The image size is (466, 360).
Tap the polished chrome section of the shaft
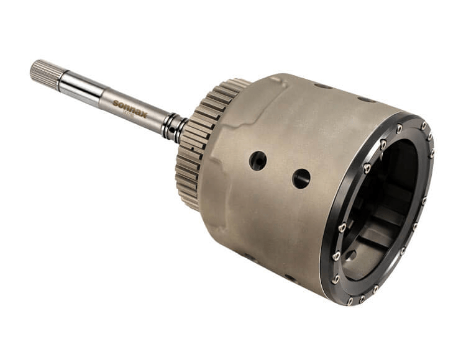pyautogui.click(x=81, y=86)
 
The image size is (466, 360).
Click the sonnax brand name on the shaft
pyautogui.click(x=131, y=106)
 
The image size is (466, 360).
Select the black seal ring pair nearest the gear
pyautogui.click(x=179, y=128)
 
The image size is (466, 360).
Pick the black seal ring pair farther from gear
pyautogui.click(x=168, y=123)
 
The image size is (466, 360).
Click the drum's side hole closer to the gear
pyautogui.click(x=258, y=161)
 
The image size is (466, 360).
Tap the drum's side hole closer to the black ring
pyautogui.click(x=301, y=178)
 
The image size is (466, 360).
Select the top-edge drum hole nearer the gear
pyautogui.click(x=322, y=86)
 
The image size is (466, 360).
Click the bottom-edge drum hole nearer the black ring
pyautogui.click(x=290, y=277)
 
